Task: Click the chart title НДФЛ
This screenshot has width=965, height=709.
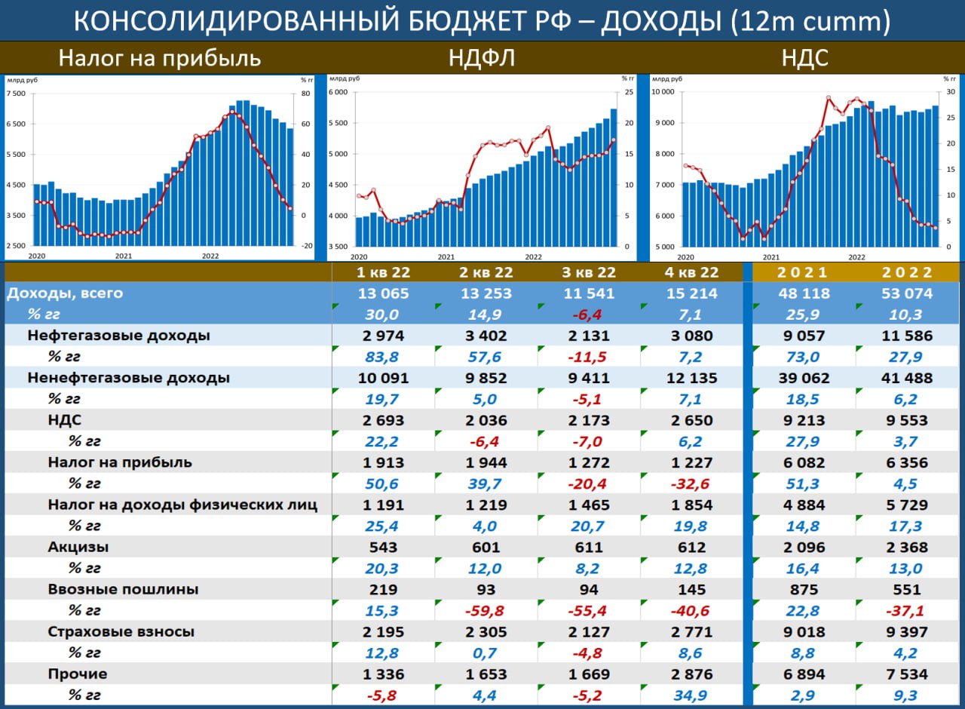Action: pos(482,58)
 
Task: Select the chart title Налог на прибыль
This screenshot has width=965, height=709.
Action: pos(160,58)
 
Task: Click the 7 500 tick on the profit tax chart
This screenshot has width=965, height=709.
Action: pos(15,94)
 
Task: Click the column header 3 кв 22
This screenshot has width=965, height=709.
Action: pos(589,272)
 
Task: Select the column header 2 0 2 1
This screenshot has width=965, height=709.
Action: pos(799,272)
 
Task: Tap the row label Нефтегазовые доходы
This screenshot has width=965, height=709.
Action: pos(118,336)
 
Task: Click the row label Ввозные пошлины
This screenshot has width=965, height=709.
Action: pos(123,589)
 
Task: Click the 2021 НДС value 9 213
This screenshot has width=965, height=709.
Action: pos(799,420)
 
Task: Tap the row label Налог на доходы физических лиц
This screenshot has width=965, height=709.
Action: pos(182,505)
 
